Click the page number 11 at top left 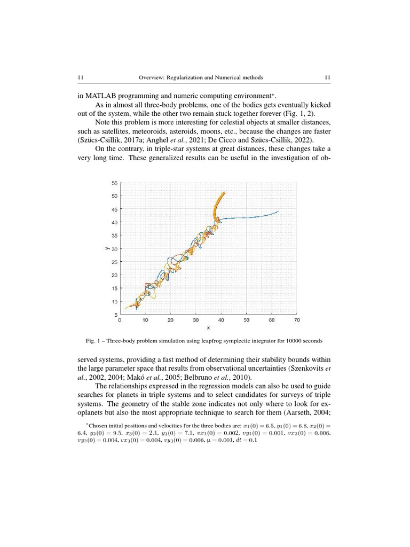tap(81, 77)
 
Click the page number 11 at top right tap(328, 77)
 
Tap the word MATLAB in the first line tap(97, 96)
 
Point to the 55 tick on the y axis tap(115, 183)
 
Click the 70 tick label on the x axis tap(297, 321)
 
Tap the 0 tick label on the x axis tap(120, 321)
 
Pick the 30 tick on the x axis tap(196, 321)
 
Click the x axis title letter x tap(208, 328)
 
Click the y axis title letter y tap(107, 248)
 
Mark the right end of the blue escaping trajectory tap(278, 212)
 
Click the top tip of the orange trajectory tap(224, 192)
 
